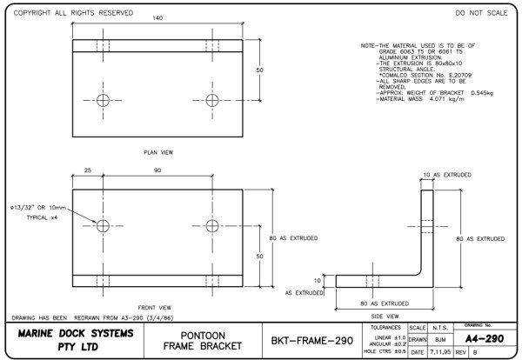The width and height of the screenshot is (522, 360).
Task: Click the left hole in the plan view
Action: pos(104,99)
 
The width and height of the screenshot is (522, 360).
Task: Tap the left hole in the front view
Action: pos(104,226)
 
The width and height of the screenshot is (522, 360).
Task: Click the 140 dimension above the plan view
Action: pos(157,18)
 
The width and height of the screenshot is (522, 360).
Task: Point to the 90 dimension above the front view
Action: pos(157,170)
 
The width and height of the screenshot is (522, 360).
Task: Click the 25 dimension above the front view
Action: pos(88,170)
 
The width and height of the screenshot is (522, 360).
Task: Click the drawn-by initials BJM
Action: pos(442,340)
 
